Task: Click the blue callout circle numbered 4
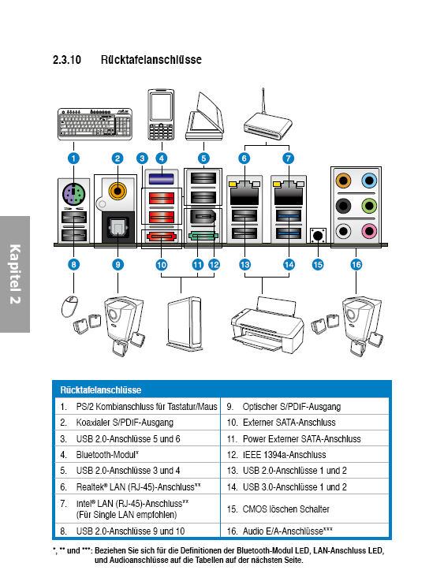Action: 161,158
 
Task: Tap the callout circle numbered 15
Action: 318,265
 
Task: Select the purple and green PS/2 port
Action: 74,195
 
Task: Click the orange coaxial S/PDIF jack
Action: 118,192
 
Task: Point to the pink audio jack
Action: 368,231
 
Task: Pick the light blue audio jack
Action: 368,181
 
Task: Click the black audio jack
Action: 343,206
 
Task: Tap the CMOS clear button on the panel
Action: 318,236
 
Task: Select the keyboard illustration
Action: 95,124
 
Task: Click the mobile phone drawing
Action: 161,114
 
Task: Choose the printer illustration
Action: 267,325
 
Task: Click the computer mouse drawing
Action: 69,306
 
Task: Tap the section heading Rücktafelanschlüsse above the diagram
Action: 151,60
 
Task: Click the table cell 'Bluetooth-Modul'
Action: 107,455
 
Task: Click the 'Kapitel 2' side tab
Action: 15,274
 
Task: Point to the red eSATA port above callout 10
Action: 162,237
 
